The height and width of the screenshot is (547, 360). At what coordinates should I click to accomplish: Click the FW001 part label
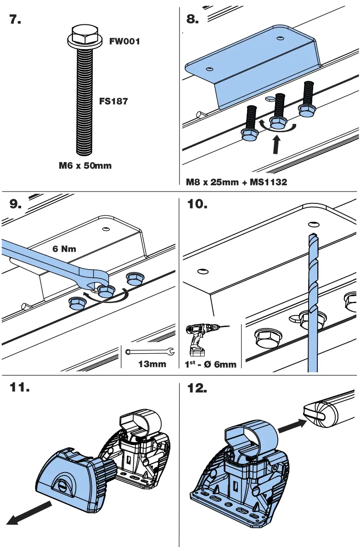[x=124, y=41]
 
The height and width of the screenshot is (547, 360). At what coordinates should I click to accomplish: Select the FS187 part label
[x=113, y=101]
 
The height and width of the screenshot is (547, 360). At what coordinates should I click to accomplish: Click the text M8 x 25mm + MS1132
[x=236, y=182]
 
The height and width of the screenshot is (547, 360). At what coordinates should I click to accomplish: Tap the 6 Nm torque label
[x=65, y=249]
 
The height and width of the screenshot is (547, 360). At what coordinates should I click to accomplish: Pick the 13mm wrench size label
[x=152, y=364]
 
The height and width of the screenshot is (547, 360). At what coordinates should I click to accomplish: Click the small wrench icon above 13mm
[x=150, y=352]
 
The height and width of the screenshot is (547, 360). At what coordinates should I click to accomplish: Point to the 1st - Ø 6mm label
[x=210, y=364]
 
